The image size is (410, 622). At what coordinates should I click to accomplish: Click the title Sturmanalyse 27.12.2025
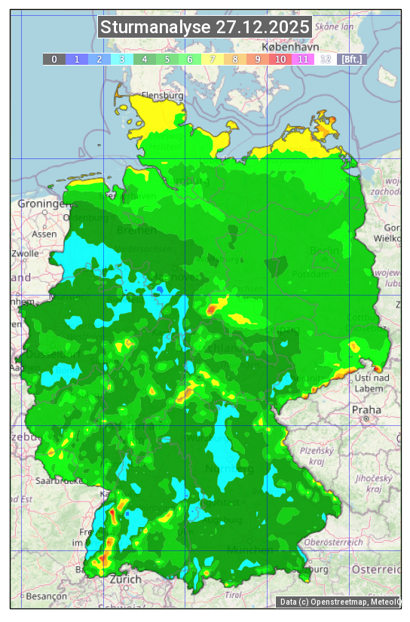(x=205, y=28)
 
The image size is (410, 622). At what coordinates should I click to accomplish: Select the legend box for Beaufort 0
(x=54, y=59)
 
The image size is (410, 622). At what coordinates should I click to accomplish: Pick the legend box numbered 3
(x=121, y=59)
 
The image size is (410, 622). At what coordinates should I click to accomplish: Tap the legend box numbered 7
(x=212, y=59)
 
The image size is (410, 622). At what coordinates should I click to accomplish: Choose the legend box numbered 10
(x=280, y=59)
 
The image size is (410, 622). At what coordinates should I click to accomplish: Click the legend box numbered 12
(x=325, y=59)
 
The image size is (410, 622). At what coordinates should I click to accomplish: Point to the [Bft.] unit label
(x=351, y=59)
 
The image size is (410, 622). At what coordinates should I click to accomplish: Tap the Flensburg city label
(x=163, y=97)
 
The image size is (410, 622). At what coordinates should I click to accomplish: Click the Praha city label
(x=366, y=409)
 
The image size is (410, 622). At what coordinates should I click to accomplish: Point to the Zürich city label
(x=125, y=579)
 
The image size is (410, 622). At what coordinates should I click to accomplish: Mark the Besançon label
(x=44, y=596)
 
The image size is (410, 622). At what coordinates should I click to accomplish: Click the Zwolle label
(x=25, y=253)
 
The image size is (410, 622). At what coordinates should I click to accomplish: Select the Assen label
(x=44, y=234)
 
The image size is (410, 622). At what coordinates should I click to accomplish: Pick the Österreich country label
(x=378, y=568)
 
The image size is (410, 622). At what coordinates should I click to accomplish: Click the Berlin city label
(x=325, y=250)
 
